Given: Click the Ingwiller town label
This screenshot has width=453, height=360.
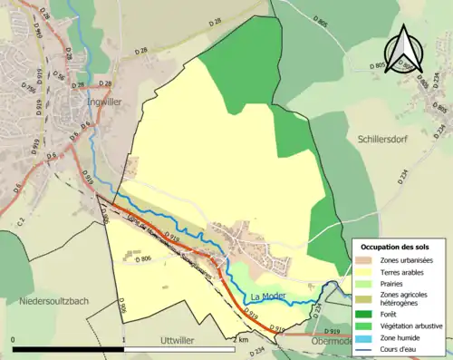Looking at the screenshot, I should (x=103, y=102).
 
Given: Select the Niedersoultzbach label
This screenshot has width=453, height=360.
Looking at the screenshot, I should (x=49, y=300).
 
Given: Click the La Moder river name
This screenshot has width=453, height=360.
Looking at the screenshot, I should (x=269, y=296).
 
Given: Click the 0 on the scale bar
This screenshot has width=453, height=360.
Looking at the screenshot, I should (x=14, y=339).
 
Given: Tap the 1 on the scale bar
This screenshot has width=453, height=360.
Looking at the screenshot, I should (x=123, y=339).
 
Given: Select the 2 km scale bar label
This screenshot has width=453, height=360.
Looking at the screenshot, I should (x=240, y=339).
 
